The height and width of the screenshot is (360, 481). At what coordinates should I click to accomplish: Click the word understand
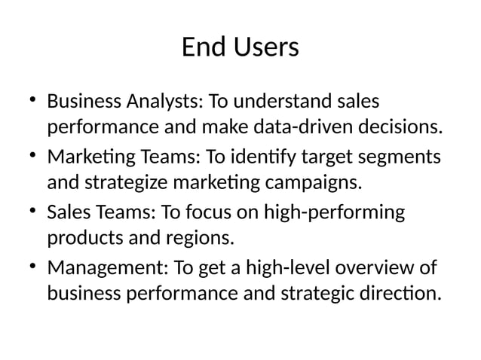[287, 100]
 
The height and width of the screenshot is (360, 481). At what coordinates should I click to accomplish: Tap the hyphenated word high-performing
[333, 214]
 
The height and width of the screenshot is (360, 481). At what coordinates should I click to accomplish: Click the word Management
[107, 268]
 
